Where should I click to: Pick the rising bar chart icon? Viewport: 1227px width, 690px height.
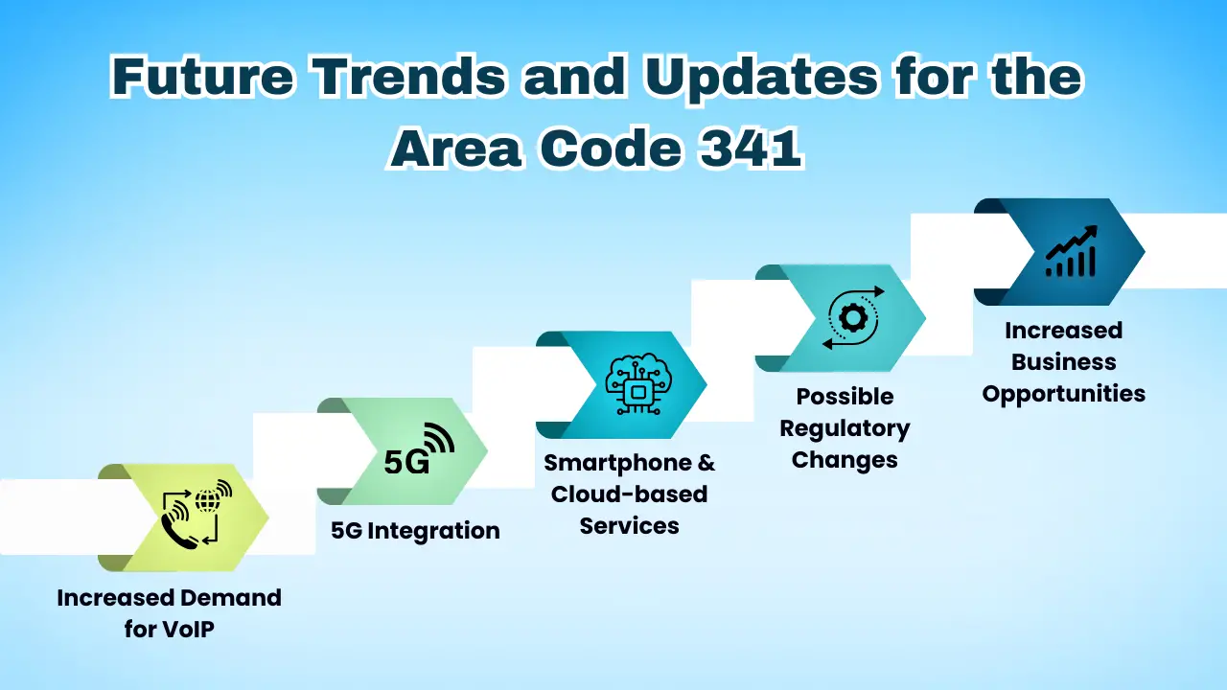click(x=1071, y=252)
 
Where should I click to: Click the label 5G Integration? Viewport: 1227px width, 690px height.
click(x=415, y=531)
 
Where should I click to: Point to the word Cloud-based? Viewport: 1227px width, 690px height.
click(x=629, y=494)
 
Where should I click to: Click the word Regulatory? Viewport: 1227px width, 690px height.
click(x=845, y=428)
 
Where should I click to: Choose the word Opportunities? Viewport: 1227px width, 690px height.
click(x=1063, y=394)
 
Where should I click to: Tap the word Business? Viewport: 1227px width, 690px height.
click(x=1063, y=362)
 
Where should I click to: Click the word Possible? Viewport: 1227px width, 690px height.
click(x=845, y=397)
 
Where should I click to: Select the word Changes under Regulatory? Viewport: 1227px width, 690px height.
click(x=845, y=460)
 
